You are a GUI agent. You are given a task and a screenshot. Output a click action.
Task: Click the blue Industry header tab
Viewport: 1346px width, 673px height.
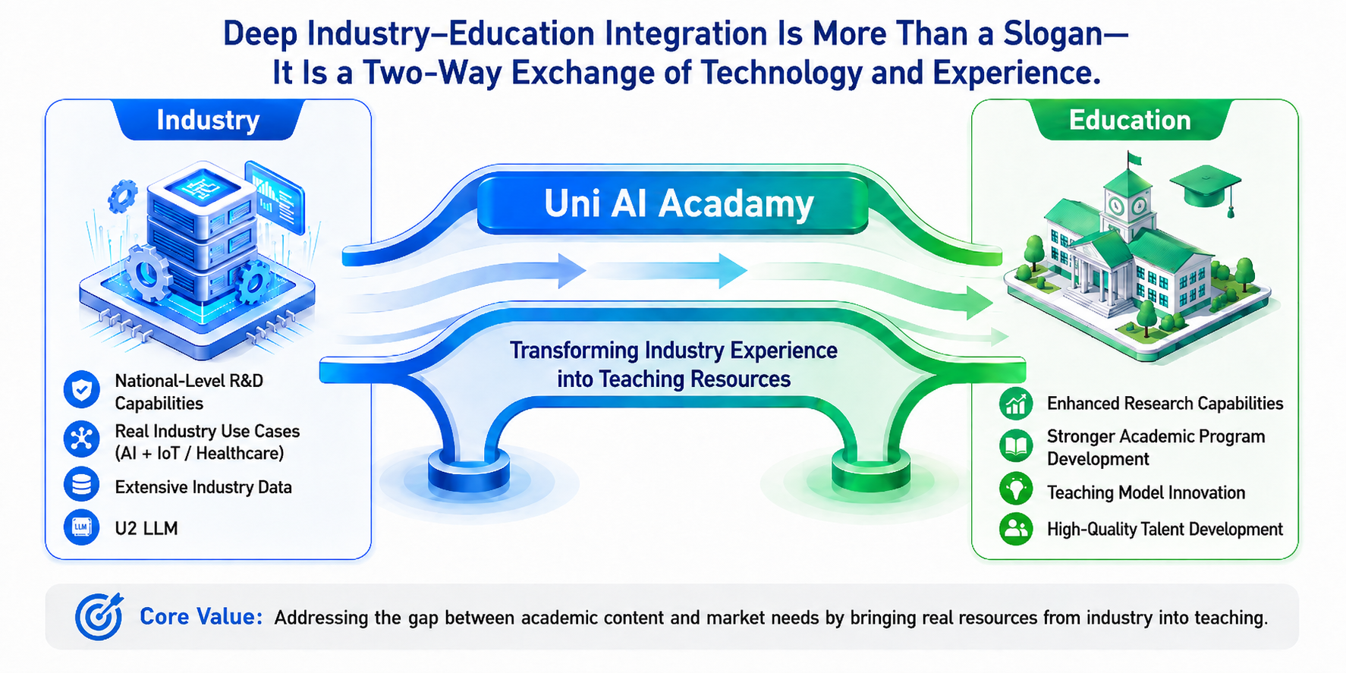(208, 120)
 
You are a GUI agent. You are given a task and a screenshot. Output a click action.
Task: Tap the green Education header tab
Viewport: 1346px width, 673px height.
(1130, 120)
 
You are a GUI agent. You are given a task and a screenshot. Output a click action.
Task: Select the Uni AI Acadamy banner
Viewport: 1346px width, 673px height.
(673, 203)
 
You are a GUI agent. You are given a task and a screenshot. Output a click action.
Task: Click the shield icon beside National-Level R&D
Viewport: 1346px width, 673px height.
(82, 390)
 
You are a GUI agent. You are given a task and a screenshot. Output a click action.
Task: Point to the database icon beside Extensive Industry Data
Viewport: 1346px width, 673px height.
(82, 486)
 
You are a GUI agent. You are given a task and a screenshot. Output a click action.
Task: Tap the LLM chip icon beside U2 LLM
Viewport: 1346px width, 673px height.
(82, 527)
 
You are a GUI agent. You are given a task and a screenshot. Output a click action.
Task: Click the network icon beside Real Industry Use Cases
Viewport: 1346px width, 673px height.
(82, 439)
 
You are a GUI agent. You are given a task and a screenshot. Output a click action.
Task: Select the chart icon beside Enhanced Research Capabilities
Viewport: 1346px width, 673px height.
(1016, 404)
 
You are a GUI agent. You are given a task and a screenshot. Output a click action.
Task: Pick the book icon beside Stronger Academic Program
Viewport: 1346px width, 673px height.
(1016, 446)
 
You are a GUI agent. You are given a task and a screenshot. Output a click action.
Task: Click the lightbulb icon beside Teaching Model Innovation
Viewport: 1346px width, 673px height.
(1016, 489)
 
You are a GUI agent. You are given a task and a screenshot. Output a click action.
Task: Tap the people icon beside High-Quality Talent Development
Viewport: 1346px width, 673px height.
(1016, 529)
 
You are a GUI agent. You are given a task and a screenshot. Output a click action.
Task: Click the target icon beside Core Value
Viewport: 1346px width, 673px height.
(99, 615)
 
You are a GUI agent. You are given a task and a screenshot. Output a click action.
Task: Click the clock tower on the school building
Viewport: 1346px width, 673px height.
(1128, 194)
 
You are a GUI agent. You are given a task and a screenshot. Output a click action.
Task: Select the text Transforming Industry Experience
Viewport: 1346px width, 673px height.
(673, 351)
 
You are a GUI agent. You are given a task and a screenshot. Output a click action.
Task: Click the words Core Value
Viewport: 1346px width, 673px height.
(200, 617)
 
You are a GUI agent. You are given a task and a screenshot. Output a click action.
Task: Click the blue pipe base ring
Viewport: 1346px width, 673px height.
(469, 471)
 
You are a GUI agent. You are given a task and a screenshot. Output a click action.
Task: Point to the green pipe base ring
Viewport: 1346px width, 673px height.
(870, 471)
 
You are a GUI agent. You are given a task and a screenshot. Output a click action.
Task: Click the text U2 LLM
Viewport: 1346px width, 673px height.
(146, 528)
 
